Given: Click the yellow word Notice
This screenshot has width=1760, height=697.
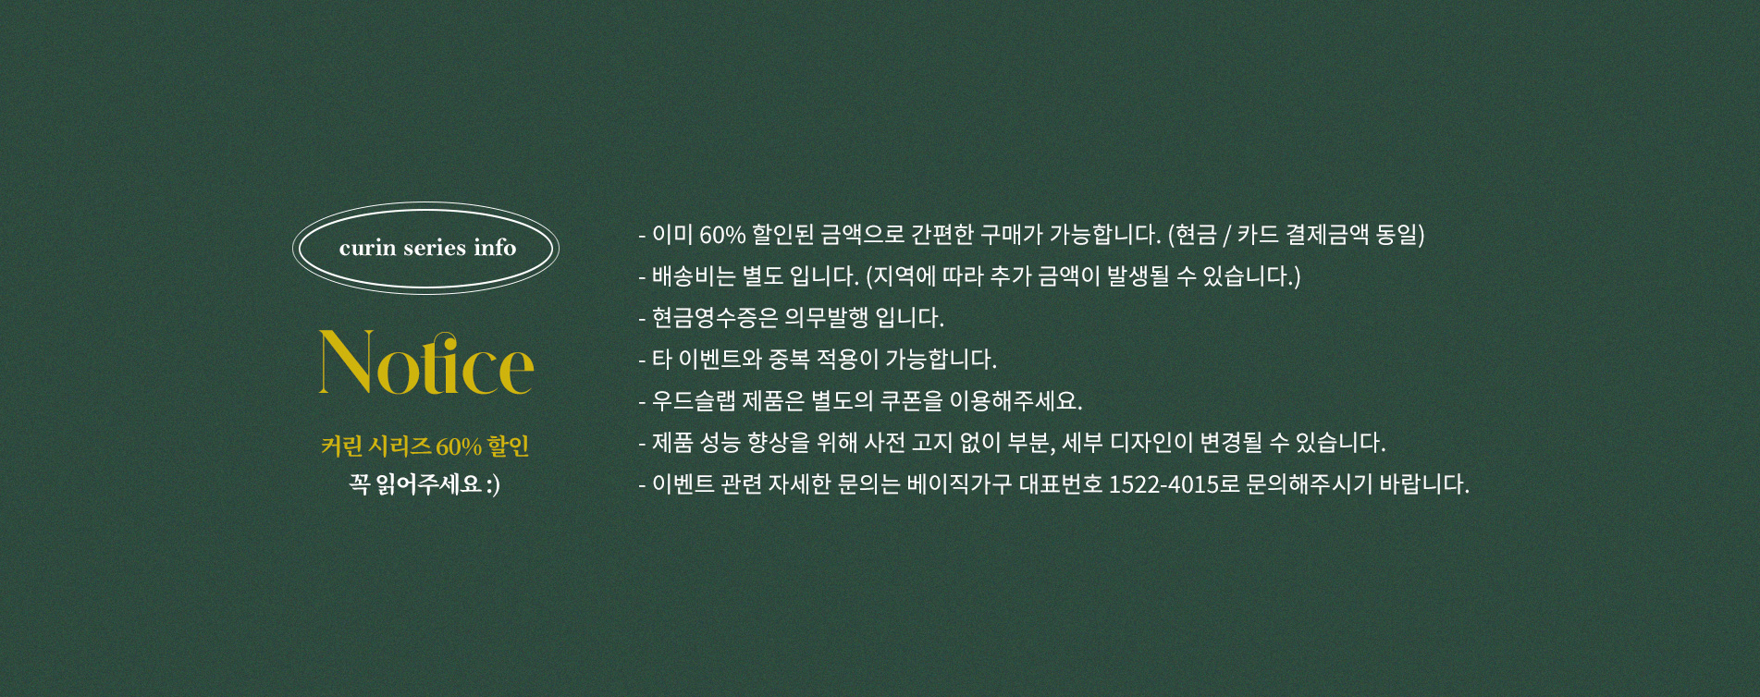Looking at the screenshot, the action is coord(426,363).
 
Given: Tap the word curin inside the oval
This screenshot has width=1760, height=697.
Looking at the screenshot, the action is coord(368,248).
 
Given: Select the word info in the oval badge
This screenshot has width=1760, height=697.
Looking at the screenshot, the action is coord(495,247).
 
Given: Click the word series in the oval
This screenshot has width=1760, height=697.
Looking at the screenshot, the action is coord(436,248).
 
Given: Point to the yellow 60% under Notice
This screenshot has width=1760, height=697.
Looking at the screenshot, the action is coord(459,446).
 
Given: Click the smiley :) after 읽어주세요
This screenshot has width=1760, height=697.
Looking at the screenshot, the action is coord(493,483).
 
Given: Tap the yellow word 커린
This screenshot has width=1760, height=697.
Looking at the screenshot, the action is coord(341,446).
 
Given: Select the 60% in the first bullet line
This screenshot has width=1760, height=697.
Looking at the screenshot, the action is coord(722,235).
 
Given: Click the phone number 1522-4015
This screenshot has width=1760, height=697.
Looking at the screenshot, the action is coord(1163,484).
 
